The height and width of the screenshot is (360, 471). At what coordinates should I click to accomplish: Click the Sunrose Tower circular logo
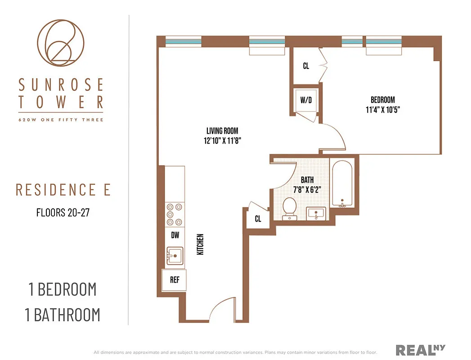pyautogui.click(x=60, y=42)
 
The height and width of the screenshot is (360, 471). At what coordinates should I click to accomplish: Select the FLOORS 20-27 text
pyautogui.click(x=63, y=212)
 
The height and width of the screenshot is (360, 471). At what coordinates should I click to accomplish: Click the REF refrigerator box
pyautogui.click(x=175, y=280)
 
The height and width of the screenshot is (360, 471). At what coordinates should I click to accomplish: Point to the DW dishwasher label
pyautogui.click(x=175, y=234)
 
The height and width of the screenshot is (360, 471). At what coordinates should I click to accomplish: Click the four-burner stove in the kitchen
pyautogui.click(x=175, y=214)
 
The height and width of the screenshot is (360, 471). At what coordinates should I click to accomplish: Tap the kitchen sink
pyautogui.click(x=175, y=256)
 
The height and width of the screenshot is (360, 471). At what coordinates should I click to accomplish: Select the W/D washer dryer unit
pyautogui.click(x=306, y=100)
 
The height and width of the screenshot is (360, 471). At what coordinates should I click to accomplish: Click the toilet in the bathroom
pyautogui.click(x=289, y=209)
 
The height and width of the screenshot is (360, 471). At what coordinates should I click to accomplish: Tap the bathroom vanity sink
pyautogui.click(x=317, y=213)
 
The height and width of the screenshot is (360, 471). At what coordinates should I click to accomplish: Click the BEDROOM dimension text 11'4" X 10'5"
pyautogui.click(x=382, y=109)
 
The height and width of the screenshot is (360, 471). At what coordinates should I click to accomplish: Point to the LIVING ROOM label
pyautogui.click(x=220, y=131)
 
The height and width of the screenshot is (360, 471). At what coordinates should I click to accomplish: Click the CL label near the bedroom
pyautogui.click(x=306, y=66)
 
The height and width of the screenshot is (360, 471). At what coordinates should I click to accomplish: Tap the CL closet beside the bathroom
pyautogui.click(x=258, y=219)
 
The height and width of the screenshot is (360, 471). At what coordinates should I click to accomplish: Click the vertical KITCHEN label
pyautogui.click(x=201, y=244)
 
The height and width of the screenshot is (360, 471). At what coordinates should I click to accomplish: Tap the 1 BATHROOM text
pyautogui.click(x=63, y=315)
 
